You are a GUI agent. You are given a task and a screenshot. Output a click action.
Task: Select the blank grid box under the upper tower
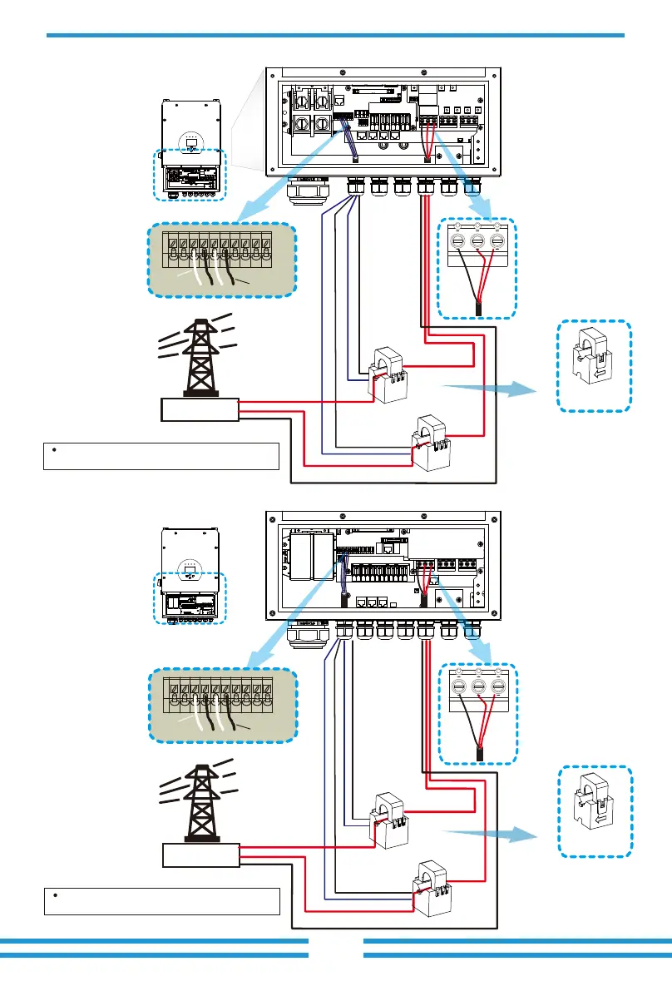click(199, 409)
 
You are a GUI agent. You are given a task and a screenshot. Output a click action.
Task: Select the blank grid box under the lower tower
click(199, 855)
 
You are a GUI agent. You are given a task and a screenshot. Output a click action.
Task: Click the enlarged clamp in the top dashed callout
click(593, 366)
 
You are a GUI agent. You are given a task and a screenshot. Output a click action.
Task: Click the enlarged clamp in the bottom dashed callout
click(593, 811)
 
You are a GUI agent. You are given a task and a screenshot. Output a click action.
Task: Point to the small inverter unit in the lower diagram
click(190, 592)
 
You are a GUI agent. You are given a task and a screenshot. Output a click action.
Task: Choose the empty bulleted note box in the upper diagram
click(161, 456)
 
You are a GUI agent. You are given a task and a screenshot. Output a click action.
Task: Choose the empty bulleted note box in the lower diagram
click(161, 900)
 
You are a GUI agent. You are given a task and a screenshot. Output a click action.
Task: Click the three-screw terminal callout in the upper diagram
click(477, 267)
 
